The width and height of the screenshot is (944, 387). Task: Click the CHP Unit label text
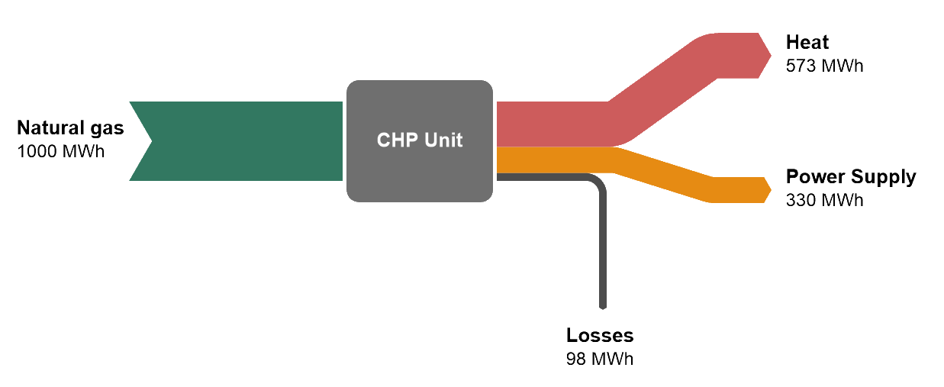419,140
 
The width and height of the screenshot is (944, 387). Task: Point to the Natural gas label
70,127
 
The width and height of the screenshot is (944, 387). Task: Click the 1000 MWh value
60,150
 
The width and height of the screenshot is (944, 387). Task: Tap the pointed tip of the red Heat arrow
768,55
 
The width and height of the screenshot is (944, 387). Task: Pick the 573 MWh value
824,65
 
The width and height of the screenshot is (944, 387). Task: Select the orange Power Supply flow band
549,160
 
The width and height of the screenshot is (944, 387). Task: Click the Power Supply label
851,177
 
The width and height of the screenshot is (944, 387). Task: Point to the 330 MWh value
824,200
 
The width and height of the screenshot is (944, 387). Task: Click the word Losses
600,335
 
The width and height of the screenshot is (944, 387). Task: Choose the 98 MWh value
600,358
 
